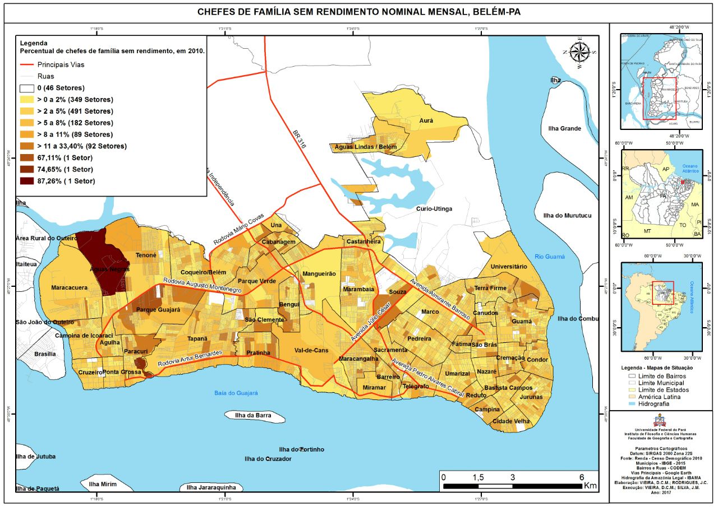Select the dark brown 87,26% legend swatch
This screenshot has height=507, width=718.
tap(27, 180)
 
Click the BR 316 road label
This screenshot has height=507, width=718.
tap(301, 143)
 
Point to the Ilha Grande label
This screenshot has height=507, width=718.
tap(564, 129)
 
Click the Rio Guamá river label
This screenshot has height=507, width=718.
tap(549, 257)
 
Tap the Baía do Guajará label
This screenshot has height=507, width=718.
tap(236, 393)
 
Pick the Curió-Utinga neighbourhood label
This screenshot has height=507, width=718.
tap(434, 209)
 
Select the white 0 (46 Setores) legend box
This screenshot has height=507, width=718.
tap(27, 88)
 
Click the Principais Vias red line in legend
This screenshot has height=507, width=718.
tap(27, 64)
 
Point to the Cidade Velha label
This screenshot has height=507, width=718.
tap(511, 421)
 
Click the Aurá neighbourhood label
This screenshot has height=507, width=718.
tap(426, 120)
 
